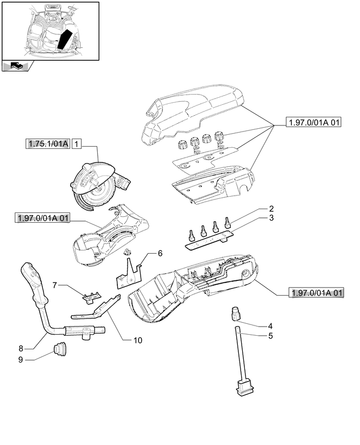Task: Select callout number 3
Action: (270, 218)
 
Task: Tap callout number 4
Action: (270, 326)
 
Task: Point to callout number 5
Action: (270, 335)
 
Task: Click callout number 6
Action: (160, 253)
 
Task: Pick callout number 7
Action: (55, 285)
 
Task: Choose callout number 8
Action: (21, 348)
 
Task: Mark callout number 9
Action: (21, 359)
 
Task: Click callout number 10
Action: (137, 341)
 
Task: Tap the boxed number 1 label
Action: (77, 144)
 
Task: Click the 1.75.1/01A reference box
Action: (48, 144)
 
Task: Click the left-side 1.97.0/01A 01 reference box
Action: (43, 218)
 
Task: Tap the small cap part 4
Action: (235, 314)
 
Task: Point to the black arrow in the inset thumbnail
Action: (65, 39)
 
